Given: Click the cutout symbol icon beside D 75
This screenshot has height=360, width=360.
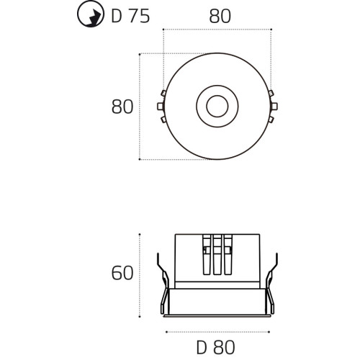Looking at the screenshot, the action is tap(91, 14).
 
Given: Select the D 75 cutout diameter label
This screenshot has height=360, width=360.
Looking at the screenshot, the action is tap(130, 16).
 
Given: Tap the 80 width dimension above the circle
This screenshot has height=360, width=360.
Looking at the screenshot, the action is tap(220, 17).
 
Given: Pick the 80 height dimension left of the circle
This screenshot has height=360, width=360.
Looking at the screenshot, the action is tap(122, 107).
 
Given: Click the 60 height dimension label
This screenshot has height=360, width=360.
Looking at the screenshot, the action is tap(122, 273).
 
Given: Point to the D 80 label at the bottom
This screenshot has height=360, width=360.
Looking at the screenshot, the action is tap(216, 347).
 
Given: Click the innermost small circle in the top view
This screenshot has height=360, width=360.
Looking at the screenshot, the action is tap(217, 107).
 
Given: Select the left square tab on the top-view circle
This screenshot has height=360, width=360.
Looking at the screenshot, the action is tap(161, 107).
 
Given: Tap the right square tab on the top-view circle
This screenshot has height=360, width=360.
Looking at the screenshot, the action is tap(274, 107).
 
